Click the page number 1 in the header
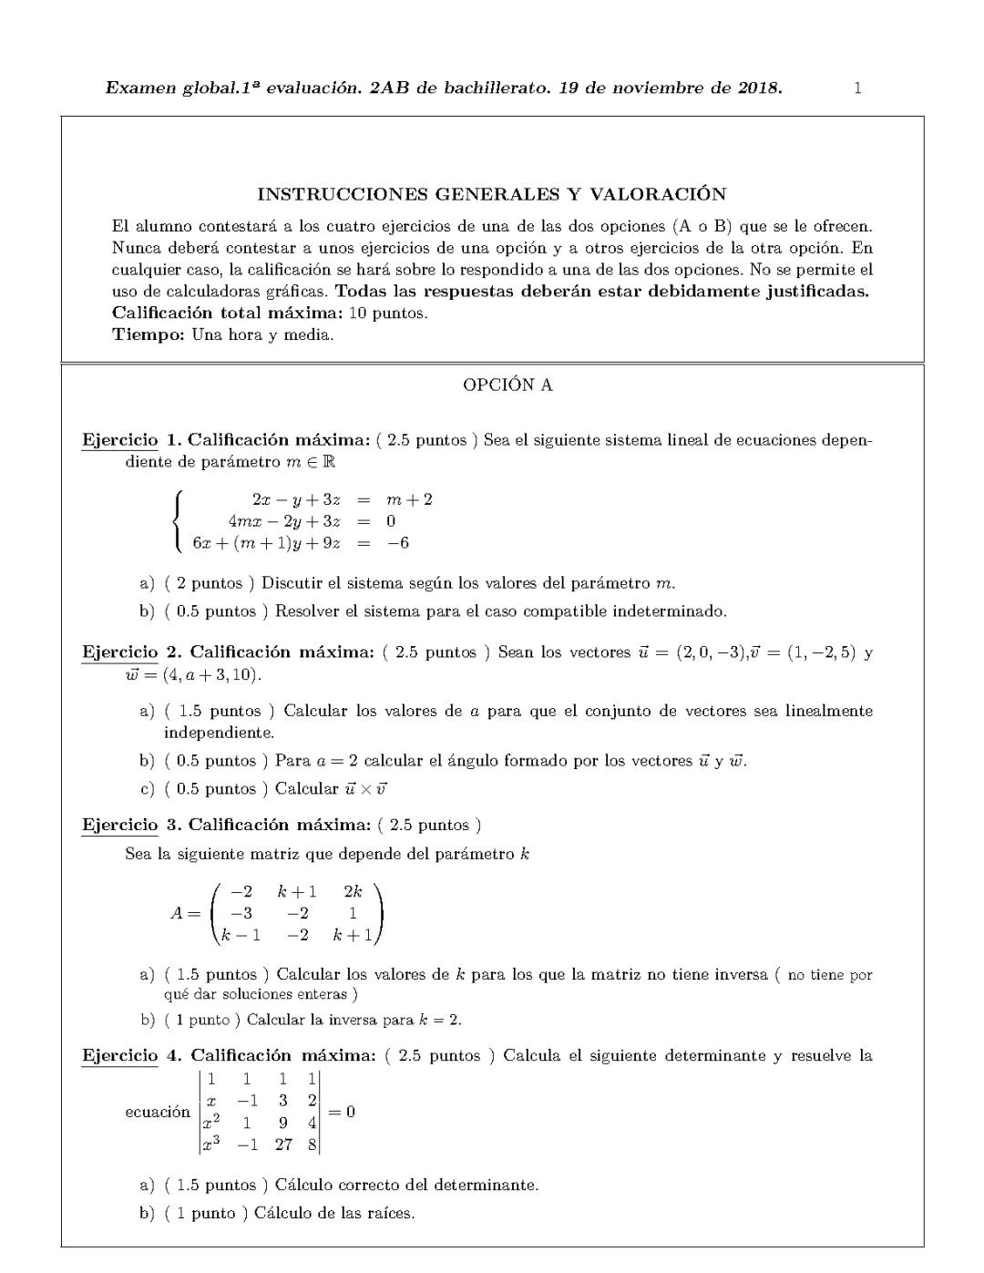tap(857, 88)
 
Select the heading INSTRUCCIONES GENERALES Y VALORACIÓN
tap(492, 194)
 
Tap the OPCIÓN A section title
tap(507, 385)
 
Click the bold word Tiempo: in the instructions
tap(149, 334)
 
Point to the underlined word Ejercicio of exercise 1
tap(119, 440)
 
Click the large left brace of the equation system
tap(179, 521)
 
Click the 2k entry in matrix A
tap(353, 892)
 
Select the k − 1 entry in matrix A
tap(241, 935)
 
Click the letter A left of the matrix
tap(179, 913)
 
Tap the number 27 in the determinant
tap(283, 1145)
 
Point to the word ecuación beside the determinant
tap(158, 1112)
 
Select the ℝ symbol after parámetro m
tap(328, 462)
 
